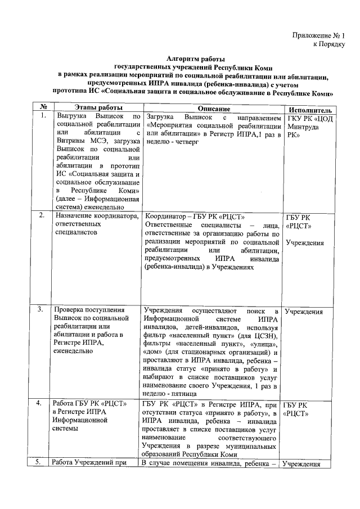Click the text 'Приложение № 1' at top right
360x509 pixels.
(x=318, y=35)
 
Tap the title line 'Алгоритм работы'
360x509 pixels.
(x=196, y=59)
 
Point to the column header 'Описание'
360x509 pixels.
(x=210, y=109)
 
